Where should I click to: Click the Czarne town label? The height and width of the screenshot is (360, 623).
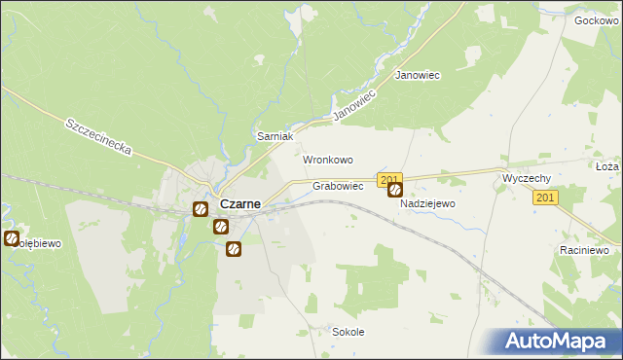coord(239,204)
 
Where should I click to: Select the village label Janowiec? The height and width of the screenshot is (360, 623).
coord(418,75)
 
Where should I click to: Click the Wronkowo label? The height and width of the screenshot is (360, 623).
coord(327,160)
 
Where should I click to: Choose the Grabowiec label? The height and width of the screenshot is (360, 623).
coord(338,185)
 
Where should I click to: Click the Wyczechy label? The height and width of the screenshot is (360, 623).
coord(528,179)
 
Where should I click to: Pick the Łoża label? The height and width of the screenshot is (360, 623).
coord(606,166)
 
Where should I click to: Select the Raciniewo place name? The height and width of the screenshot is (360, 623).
coord(584,249)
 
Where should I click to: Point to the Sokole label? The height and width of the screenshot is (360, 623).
coord(348,332)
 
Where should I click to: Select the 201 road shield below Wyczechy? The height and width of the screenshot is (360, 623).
coord(545,198)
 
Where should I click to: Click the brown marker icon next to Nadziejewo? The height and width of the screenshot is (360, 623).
coord(395,191)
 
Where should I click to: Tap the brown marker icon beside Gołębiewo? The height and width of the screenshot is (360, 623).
coord(12,238)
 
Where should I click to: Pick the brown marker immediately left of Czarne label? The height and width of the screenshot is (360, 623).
coord(200,208)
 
